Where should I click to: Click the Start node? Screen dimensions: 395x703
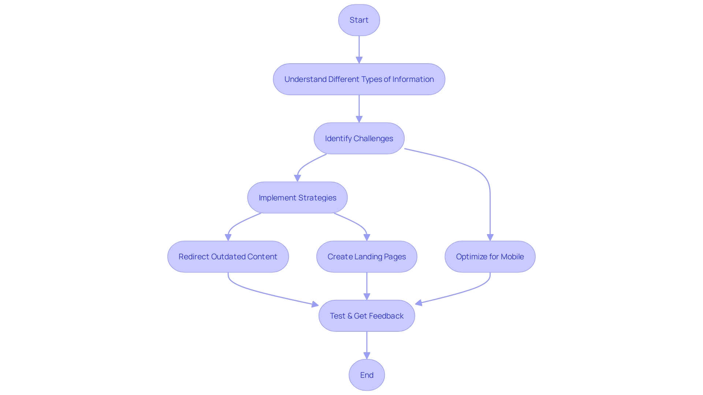click(x=359, y=20)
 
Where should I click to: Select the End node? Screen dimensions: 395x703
click(x=367, y=375)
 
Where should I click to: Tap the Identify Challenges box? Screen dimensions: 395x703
click(x=359, y=139)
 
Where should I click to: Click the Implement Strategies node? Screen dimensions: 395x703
click(x=297, y=198)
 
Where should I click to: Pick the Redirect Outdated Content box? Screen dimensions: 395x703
click(x=228, y=257)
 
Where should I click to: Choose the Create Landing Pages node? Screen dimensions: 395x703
click(x=367, y=257)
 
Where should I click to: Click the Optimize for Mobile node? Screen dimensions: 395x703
click(x=490, y=257)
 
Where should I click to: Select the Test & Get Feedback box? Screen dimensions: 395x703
click(x=367, y=316)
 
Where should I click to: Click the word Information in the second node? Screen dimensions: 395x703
click(x=413, y=79)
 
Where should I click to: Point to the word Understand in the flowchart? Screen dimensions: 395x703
click(x=305, y=79)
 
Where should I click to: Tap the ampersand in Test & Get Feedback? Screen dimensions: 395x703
click(x=349, y=316)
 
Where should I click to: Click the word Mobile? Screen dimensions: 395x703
click(x=512, y=257)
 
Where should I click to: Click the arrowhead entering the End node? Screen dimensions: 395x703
click(x=367, y=355)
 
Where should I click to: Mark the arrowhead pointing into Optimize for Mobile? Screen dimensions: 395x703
click(x=490, y=237)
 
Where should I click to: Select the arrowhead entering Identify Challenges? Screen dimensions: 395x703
click(x=359, y=119)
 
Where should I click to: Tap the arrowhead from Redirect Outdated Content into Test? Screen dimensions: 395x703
click(x=315, y=304)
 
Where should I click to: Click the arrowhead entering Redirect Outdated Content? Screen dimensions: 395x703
click(x=228, y=237)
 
